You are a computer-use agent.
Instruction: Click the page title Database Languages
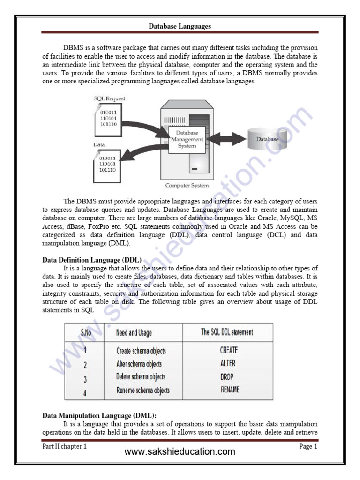(180, 27)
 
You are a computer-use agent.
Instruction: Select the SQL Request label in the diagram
(109, 99)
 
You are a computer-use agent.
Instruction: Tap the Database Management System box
(187, 139)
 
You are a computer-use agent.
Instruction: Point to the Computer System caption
(187, 186)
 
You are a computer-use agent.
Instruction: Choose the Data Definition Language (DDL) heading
(92, 259)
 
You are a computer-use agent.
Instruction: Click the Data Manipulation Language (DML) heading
(100, 415)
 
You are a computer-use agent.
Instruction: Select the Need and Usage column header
(134, 332)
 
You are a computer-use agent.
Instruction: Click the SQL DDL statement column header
(227, 332)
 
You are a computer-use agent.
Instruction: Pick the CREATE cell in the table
(229, 350)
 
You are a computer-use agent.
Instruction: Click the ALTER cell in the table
(228, 363)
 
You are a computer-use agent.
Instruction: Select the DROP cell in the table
(227, 376)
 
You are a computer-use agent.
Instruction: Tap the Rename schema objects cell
(143, 390)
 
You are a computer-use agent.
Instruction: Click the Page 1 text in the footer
(308, 447)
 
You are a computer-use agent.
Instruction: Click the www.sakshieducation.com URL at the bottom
(180, 452)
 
